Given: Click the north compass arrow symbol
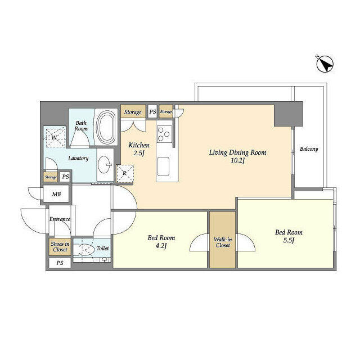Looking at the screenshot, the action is point(325,64).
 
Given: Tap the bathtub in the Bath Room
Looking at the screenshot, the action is point(106,127).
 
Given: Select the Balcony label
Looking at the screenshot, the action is point(309,149).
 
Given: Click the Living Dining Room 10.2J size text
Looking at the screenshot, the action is point(237,160).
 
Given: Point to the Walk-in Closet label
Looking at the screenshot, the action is point(223,242).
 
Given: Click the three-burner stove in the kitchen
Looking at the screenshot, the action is point(164,134).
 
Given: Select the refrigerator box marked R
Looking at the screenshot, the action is point(125,174).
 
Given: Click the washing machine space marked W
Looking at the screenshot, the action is point(55,137).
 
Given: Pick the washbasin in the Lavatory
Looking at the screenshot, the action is point(105,165).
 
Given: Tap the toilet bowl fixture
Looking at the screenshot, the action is point(84,249).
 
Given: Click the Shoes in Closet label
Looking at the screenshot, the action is point(60,246).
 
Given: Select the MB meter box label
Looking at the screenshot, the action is point(56,194).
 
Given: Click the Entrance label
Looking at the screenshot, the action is point(60,219).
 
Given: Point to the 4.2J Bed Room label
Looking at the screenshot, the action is point(161,241).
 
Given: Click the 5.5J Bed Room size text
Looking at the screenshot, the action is point(289,240).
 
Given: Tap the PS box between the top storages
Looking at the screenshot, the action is point(152,112).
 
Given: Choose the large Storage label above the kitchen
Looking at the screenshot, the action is point(133,112).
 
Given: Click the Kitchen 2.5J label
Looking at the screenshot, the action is point(139,148).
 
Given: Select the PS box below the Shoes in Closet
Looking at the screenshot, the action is point(60,263).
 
